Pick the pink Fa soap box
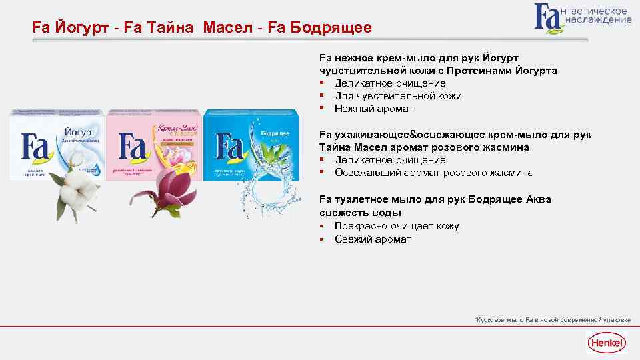point(153,143)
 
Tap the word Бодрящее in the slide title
point(333,29)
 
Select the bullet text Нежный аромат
point(373,109)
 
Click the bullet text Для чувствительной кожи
point(397,96)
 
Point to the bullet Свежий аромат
point(373,239)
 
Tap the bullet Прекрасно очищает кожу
point(397,226)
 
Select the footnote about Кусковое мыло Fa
point(551,319)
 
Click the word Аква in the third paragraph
point(538,199)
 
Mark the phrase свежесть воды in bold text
point(360,213)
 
